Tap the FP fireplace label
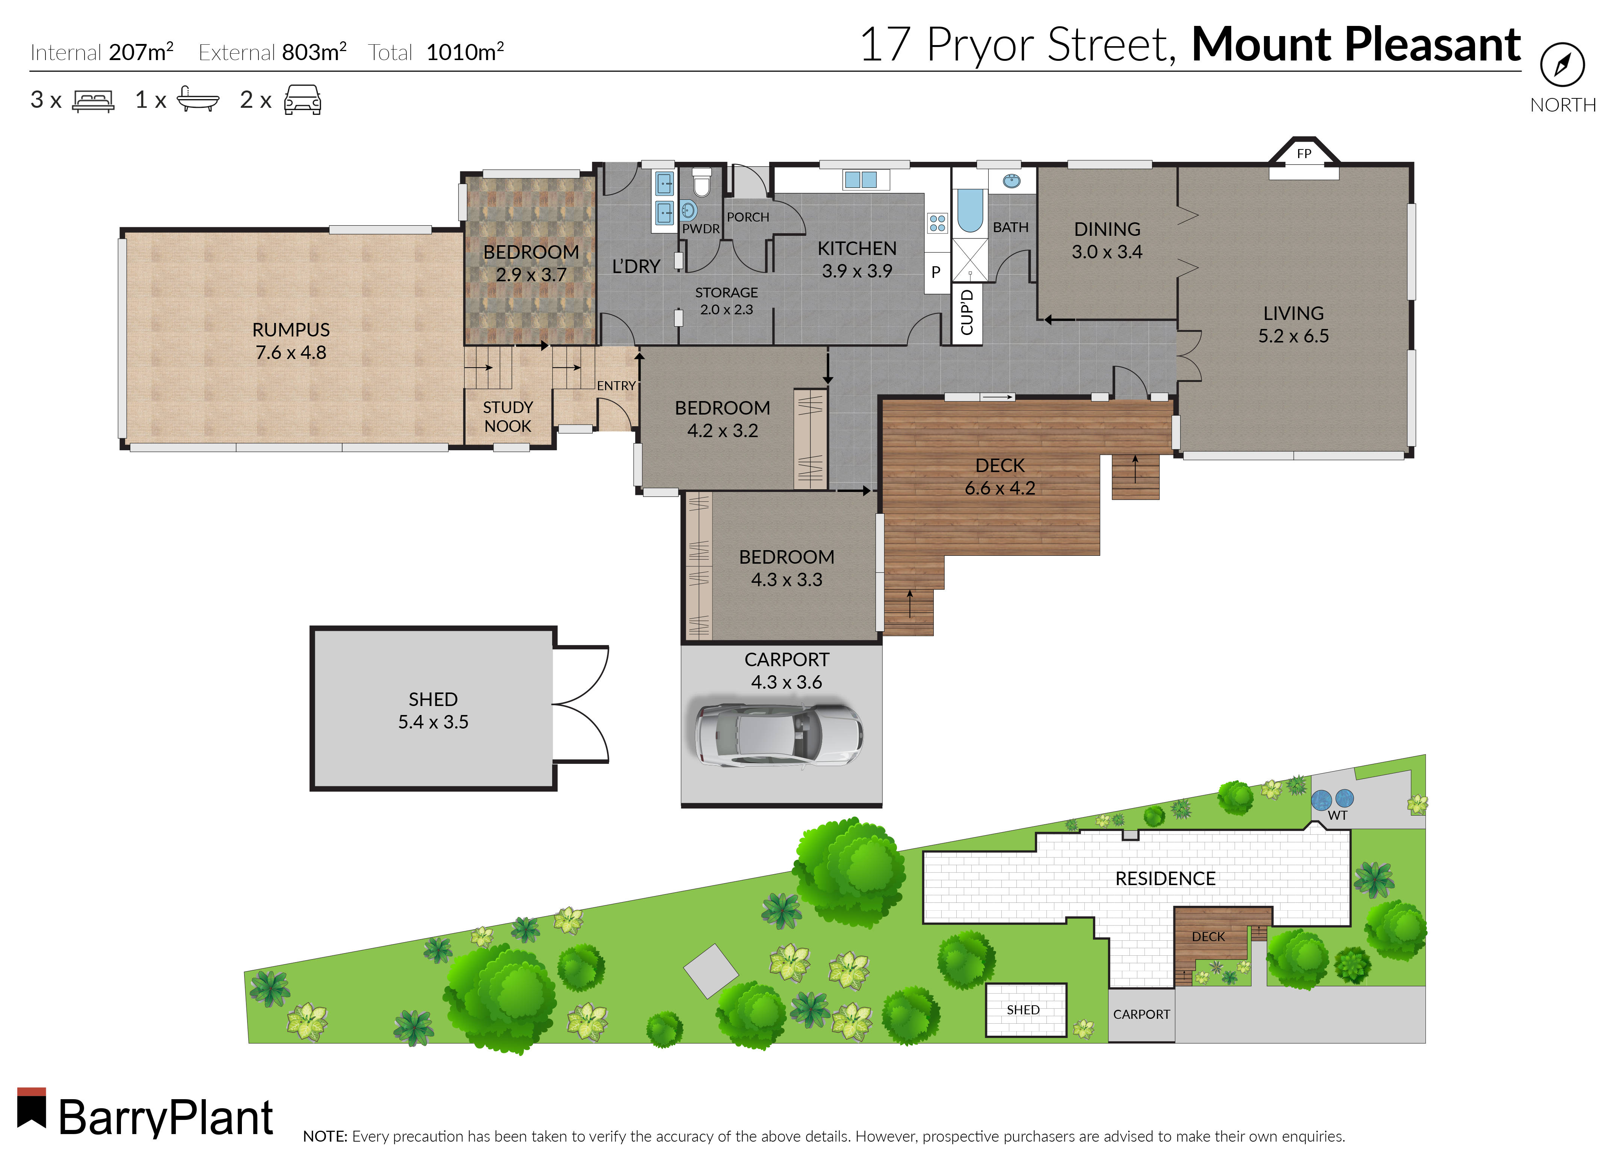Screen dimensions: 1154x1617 point(1303,154)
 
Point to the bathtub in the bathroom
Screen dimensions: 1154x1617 point(969,210)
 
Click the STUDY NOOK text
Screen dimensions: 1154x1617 point(507,416)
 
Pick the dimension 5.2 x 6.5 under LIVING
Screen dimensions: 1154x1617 point(1293,336)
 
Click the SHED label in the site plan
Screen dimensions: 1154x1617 point(1023,1010)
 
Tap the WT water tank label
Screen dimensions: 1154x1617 point(1337,815)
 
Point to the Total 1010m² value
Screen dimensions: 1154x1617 point(465,52)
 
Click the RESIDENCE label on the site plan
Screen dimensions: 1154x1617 point(1165,879)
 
